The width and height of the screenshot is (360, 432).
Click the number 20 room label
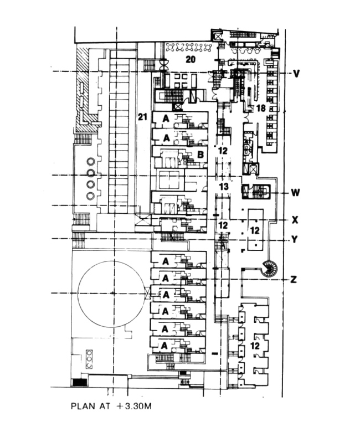[x=191, y=58]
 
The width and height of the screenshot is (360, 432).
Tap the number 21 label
[x=142, y=116]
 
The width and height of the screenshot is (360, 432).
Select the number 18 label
[x=260, y=108]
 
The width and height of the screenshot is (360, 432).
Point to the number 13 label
[x=223, y=187]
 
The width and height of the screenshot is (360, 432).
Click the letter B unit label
[x=199, y=155]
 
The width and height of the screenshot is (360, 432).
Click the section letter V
[x=296, y=73]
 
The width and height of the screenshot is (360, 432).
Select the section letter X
[x=295, y=220]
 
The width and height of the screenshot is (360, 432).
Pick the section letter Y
[x=295, y=240]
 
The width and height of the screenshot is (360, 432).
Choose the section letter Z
[x=294, y=279]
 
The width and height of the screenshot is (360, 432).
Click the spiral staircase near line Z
[x=270, y=269]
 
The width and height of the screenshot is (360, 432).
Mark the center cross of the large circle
[x=112, y=292]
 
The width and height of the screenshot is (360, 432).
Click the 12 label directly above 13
[x=223, y=150]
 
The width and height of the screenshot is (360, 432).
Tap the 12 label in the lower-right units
[x=255, y=344]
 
